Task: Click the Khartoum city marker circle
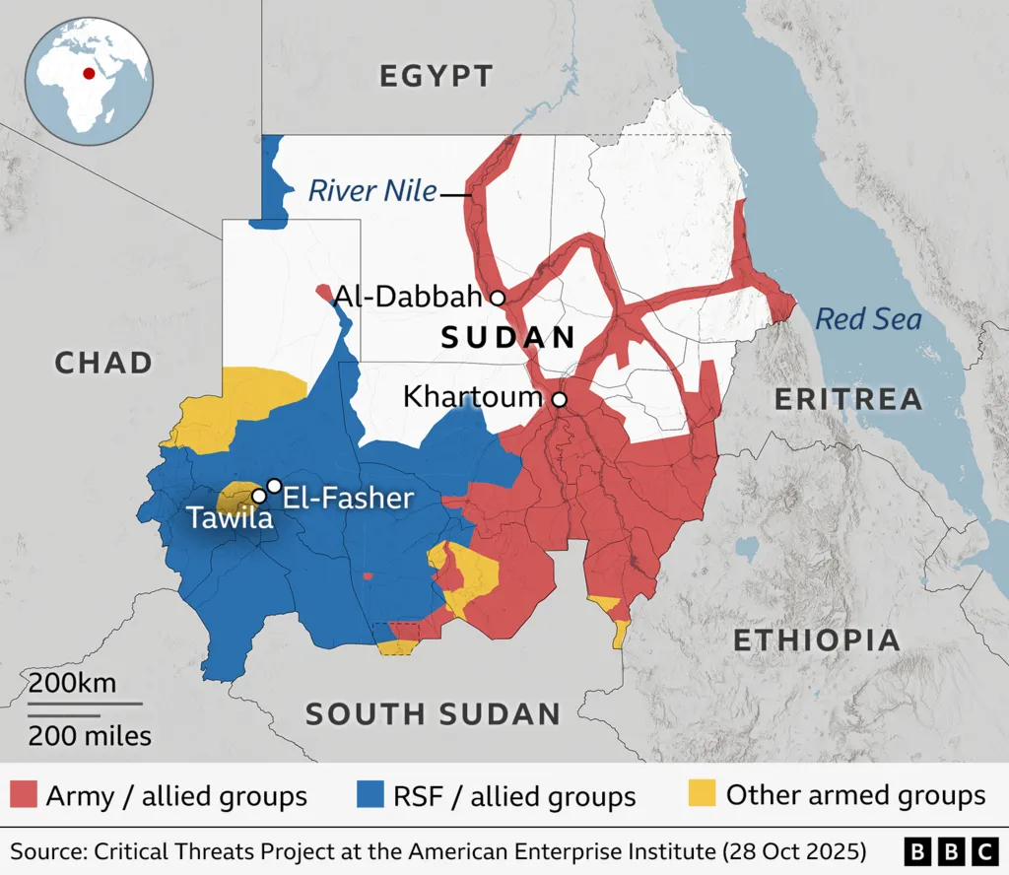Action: pos(559,399)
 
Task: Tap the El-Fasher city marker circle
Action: pos(274,485)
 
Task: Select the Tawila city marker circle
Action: pos(258,496)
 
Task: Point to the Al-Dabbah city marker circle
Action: pos(498,297)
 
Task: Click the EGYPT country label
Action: pos(436,76)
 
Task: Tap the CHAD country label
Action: pos(103,363)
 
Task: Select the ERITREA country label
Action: pos(848,399)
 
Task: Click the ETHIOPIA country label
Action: pos(817,640)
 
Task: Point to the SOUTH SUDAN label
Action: pos(433,714)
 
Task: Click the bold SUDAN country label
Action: pos(508,338)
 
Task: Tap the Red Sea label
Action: pos(868,319)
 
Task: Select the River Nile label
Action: pos(372,190)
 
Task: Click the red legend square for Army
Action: pos(25,794)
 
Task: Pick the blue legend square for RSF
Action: pos(370,794)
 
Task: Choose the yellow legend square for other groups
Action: pos(702,794)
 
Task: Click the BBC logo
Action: pos(950,850)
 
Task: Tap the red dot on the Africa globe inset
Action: pos(90,72)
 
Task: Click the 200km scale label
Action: pos(71,683)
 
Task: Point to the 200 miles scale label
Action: pos(89,735)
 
